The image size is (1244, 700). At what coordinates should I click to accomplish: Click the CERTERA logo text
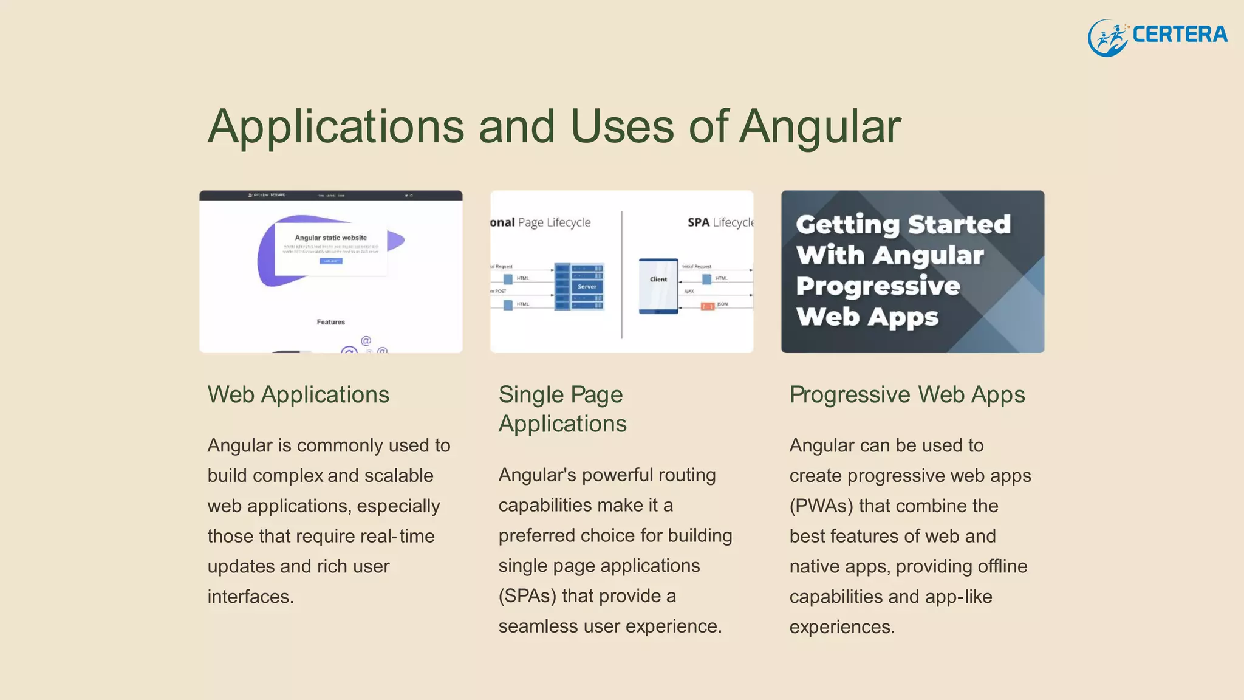pyautogui.click(x=1180, y=35)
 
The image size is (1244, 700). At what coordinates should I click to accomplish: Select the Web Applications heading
pyautogui.click(x=298, y=395)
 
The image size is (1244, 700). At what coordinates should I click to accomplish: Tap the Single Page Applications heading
pyautogui.click(x=562, y=409)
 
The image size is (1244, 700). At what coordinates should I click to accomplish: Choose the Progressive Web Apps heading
pyautogui.click(x=907, y=395)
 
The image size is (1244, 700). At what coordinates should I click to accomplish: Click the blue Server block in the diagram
pyautogui.click(x=586, y=286)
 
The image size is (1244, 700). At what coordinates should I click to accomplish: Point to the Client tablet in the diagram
pyautogui.click(x=658, y=286)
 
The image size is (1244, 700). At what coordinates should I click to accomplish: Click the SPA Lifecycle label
pyautogui.click(x=720, y=222)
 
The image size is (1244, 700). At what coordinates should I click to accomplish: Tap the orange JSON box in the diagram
pyautogui.click(x=708, y=306)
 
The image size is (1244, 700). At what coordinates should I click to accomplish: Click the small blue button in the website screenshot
pyautogui.click(x=331, y=261)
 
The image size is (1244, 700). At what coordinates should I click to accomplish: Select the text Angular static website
pyautogui.click(x=331, y=238)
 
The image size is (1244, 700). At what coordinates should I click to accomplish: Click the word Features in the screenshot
pyautogui.click(x=331, y=322)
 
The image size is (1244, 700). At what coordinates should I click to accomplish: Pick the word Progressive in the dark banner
pyautogui.click(x=878, y=286)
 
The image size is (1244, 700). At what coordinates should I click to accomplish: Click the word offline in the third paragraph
pyautogui.click(x=1002, y=566)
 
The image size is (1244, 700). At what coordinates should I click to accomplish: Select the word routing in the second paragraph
pyautogui.click(x=682, y=475)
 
